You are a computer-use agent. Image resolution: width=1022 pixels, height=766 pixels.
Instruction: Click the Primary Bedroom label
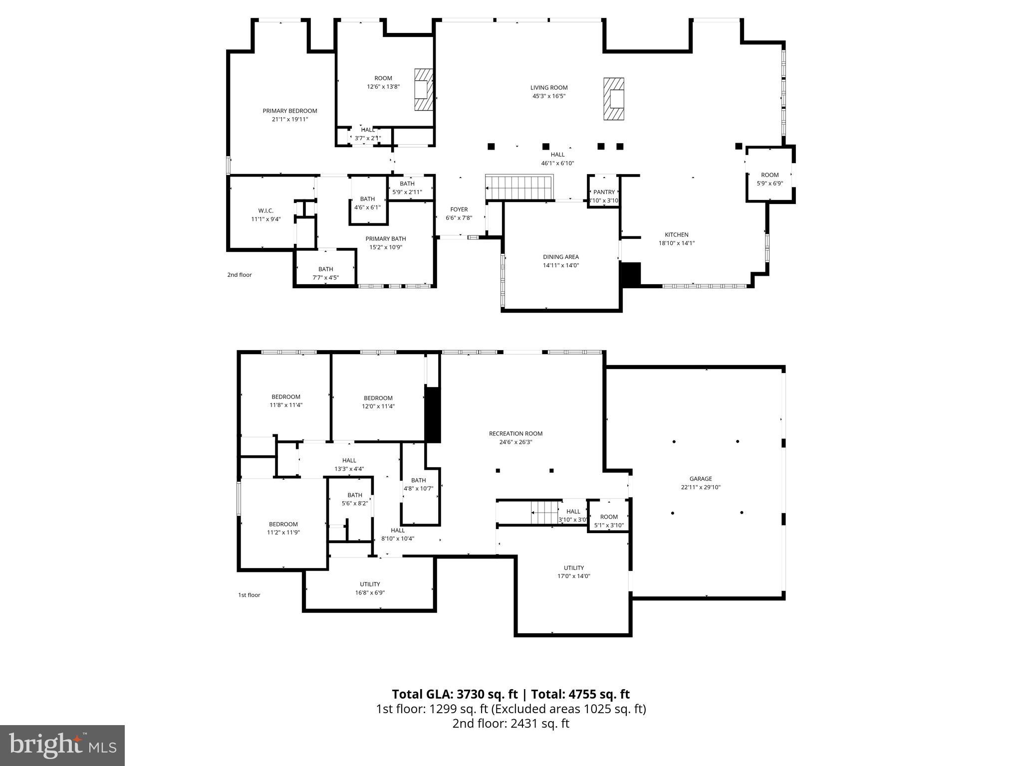tap(290, 111)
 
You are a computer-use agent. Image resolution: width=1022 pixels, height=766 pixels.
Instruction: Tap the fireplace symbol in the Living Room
tap(614, 99)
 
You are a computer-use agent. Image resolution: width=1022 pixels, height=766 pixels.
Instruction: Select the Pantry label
tap(604, 192)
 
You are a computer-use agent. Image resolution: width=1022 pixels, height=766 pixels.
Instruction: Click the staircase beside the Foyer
tap(519, 187)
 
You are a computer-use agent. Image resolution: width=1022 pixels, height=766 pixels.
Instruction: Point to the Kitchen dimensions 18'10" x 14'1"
tap(676, 243)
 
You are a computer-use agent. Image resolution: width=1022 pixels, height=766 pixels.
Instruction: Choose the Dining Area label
tap(561, 257)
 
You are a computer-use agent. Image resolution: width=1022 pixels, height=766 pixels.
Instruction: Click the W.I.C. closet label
tap(265, 211)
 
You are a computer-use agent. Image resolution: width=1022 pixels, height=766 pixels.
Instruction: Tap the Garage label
tap(701, 479)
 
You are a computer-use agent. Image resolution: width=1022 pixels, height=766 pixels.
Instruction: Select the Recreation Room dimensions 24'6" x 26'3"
tap(515, 442)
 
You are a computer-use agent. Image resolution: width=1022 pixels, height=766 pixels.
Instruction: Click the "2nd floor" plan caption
tap(240, 275)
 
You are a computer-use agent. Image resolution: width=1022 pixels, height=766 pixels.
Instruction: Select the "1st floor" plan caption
tap(249, 595)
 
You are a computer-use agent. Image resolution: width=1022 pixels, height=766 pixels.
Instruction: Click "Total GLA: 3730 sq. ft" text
tap(455, 694)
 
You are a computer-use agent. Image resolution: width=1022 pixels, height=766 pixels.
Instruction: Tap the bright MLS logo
tap(62, 745)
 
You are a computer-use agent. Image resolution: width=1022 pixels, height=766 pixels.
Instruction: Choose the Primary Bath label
tap(385, 239)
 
